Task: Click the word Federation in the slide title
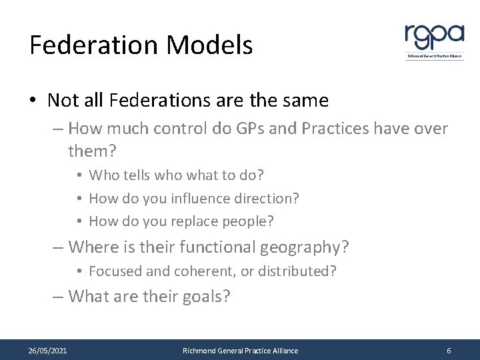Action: point(93,45)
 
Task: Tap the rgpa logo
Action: point(434,40)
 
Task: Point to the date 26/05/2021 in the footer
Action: point(47,351)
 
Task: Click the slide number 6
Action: point(449,351)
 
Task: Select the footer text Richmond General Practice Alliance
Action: point(240,351)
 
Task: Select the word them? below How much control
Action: point(92,151)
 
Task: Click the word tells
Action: point(134,175)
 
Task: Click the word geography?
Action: point(304,247)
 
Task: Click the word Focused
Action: point(113,271)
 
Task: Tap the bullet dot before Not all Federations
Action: point(34,101)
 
